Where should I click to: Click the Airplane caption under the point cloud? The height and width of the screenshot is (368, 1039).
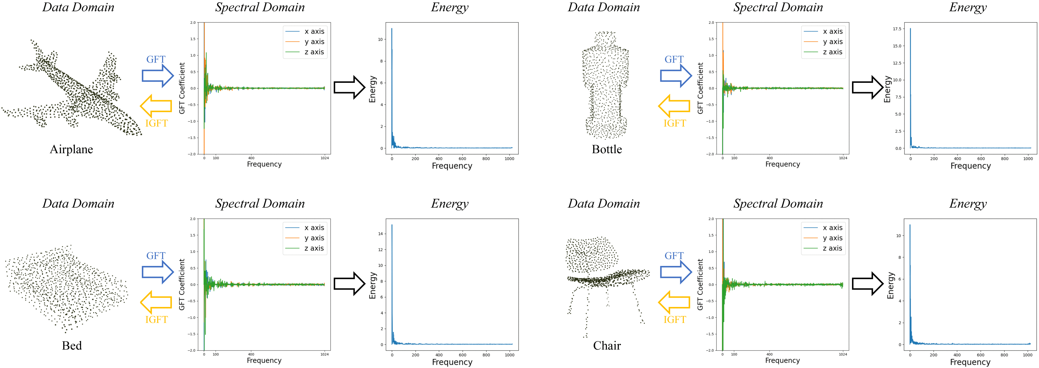click(x=71, y=150)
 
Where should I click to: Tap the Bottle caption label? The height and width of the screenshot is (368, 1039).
click(x=607, y=150)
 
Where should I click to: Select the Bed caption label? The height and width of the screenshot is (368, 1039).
click(x=72, y=346)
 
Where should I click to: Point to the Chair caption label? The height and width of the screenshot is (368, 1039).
click(x=607, y=346)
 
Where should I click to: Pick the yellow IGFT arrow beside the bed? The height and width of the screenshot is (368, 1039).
click(x=156, y=302)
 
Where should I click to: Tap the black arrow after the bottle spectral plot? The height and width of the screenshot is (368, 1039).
click(x=867, y=87)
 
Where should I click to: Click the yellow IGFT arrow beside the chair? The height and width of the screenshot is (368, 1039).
click(x=674, y=302)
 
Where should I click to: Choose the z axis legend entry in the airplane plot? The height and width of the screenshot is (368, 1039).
click(x=314, y=52)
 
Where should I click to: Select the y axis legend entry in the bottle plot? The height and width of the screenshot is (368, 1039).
click(x=832, y=42)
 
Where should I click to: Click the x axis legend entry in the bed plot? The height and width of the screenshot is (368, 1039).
click(x=314, y=228)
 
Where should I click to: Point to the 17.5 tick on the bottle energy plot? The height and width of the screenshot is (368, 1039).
click(x=897, y=29)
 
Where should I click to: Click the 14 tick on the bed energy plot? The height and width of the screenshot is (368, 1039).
click(x=380, y=234)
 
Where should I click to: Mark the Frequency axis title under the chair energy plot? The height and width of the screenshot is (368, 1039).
click(x=970, y=362)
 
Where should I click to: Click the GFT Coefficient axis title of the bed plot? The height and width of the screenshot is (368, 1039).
click(x=182, y=285)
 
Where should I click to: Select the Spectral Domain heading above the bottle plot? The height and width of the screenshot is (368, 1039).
click(x=778, y=7)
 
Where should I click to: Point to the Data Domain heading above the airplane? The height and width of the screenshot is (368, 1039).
click(x=78, y=7)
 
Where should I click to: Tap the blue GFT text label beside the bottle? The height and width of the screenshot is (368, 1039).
click(x=674, y=60)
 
